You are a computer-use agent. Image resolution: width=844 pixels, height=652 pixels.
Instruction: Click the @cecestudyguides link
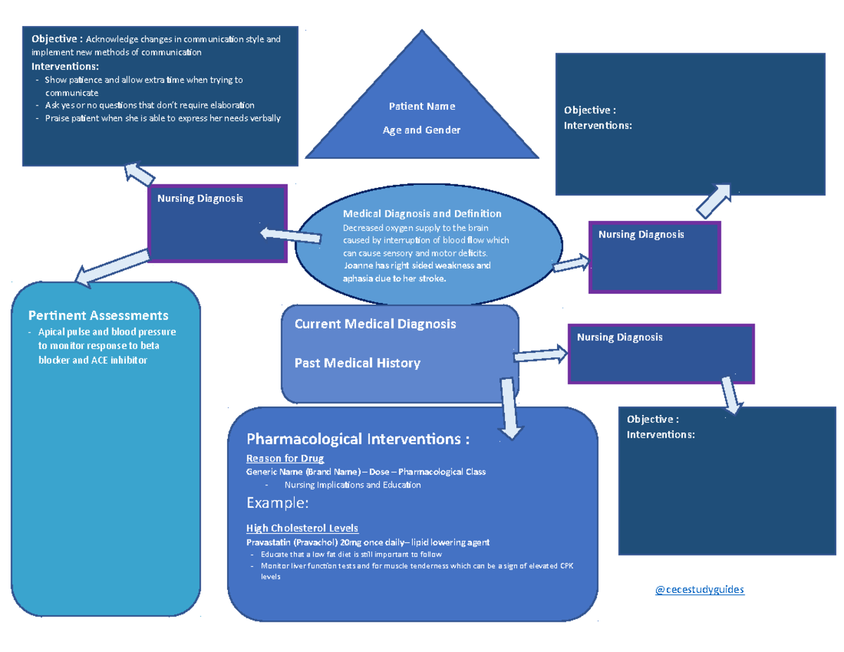point(699,589)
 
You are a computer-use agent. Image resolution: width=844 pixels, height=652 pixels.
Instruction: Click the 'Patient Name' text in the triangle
point(422,106)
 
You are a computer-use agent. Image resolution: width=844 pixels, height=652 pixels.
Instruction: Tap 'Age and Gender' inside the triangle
point(421,130)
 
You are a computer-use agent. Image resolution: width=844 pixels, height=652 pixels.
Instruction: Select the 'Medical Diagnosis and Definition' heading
point(422,213)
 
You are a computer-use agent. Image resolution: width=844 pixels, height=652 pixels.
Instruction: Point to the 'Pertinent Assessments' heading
point(98,315)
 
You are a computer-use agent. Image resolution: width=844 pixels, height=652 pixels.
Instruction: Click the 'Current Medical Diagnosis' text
point(375,324)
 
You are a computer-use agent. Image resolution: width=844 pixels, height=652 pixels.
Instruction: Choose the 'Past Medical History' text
point(357,363)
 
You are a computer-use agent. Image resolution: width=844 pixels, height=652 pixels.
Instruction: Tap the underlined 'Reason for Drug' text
point(285,459)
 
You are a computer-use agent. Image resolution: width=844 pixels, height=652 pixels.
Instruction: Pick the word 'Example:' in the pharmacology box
point(277,503)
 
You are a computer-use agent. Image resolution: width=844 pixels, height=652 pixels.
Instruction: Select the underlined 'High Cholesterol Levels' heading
point(302,528)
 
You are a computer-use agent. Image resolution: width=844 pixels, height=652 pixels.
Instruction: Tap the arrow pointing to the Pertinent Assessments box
point(113,268)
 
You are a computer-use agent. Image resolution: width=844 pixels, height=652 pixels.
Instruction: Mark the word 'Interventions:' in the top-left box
point(65,66)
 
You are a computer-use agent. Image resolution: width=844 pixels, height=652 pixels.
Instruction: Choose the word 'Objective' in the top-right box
point(587,110)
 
